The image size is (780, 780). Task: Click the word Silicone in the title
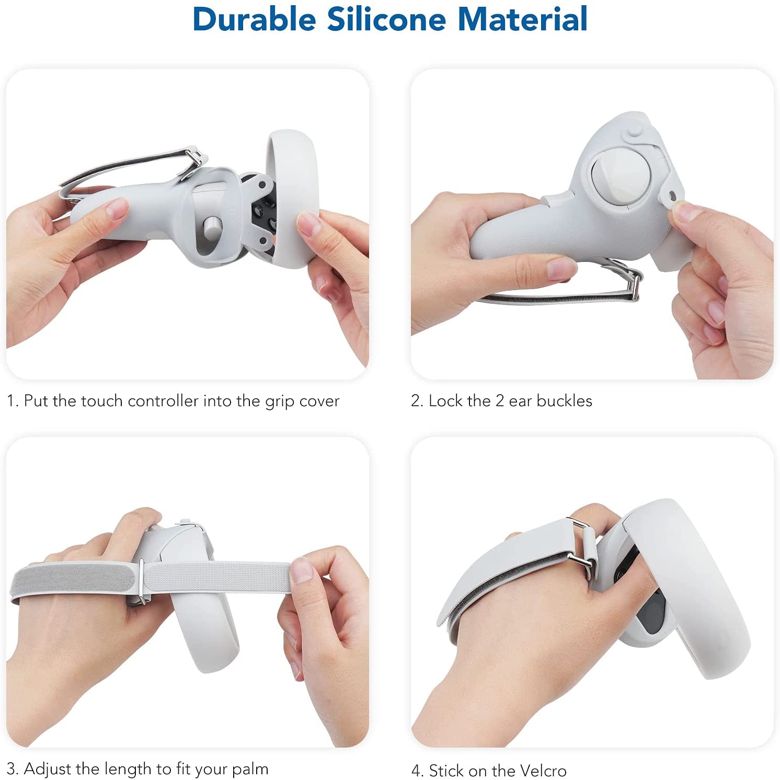tap(387, 19)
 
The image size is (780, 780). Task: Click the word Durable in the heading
tap(255, 19)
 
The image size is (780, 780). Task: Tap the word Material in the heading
tap(522, 19)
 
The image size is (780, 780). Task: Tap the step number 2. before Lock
tap(417, 401)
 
